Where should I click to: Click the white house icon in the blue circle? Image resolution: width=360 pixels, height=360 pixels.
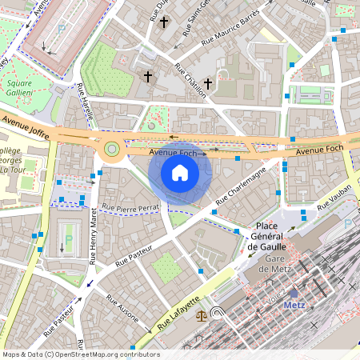click(180, 172)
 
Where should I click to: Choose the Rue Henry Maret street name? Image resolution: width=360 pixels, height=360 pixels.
click(94, 236)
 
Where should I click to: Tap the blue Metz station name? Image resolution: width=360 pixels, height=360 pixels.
click(294, 306)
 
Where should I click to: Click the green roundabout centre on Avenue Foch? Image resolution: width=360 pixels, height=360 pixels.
click(111, 148)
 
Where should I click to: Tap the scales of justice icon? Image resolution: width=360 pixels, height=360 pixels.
click(202, 314)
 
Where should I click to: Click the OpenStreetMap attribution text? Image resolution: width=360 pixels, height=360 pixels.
click(80, 354)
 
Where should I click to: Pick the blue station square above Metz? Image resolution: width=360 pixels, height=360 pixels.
click(294, 294)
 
